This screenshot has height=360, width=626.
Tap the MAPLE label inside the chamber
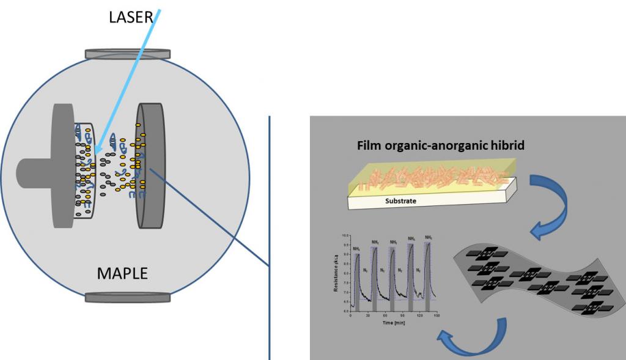[122, 273]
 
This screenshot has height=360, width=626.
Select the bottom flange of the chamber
[128, 298]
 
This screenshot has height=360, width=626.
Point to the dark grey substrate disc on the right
[150, 165]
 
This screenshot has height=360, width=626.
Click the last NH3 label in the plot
[429, 237]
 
